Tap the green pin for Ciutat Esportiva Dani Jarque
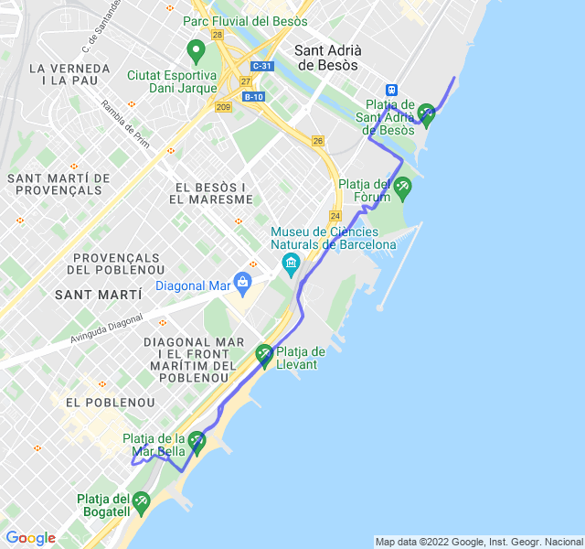[x=195, y=49]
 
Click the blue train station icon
[x=391, y=90]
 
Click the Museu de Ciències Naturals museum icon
[x=292, y=264]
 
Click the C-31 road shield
[x=262, y=66]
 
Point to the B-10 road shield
[x=253, y=96]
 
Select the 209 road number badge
[x=224, y=106]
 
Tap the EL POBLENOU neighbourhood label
[x=97, y=402]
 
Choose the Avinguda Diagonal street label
[x=107, y=330]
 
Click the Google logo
[x=30, y=538]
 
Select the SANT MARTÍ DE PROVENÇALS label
[x=58, y=184]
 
